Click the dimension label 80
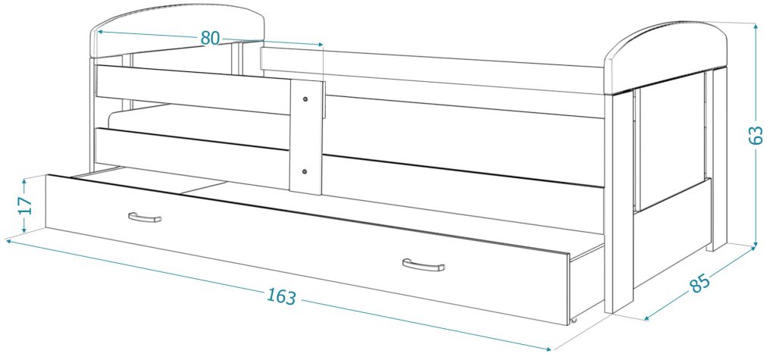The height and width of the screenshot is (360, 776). pyautogui.click(x=211, y=38)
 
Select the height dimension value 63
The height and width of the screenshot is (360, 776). pyautogui.click(x=755, y=135)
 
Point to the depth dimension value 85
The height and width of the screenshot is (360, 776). pyautogui.click(x=699, y=283)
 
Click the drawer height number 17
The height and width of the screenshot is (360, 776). pyautogui.click(x=25, y=205)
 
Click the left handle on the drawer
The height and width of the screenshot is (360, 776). pyautogui.click(x=145, y=217)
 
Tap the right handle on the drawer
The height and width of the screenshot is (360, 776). pyautogui.click(x=423, y=265)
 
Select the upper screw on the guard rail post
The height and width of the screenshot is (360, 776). pyautogui.click(x=305, y=98)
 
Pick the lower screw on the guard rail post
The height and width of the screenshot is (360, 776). pyautogui.click(x=305, y=172)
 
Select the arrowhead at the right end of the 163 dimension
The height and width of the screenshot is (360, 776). pyautogui.click(x=538, y=345)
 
